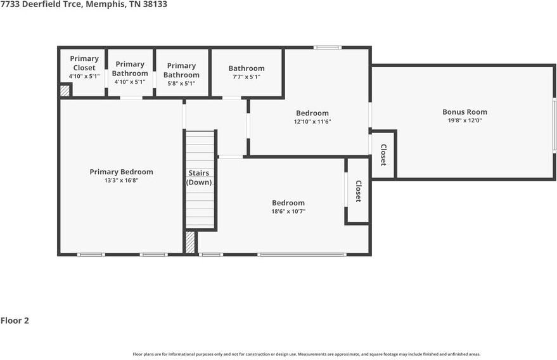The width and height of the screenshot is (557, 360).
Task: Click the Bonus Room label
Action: [464, 112]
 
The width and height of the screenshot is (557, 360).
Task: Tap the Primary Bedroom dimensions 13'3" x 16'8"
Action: [122, 181]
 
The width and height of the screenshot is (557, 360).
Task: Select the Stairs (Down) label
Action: [199, 177]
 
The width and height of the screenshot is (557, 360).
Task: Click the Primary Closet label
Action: [84, 63]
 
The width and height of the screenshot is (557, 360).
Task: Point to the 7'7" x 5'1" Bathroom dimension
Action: [246, 77]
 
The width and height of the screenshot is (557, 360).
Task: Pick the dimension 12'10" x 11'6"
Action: [312, 122]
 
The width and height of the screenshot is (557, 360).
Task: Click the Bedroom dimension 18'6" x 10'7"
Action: [288, 212]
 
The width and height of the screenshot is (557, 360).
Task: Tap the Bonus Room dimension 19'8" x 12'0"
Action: [464, 120]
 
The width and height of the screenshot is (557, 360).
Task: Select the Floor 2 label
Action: [15, 321]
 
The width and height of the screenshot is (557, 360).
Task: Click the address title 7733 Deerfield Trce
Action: [42, 4]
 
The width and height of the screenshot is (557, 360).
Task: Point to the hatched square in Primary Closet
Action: [65, 90]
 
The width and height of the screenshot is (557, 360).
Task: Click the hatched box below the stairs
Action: [190, 242]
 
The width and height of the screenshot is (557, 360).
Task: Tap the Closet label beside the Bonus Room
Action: [383, 155]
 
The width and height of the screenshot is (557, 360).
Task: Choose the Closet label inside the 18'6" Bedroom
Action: [359, 191]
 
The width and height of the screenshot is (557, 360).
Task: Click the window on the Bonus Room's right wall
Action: [554, 125]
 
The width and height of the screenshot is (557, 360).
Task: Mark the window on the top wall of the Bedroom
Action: [327, 48]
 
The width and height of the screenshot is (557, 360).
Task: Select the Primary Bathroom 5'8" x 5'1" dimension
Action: [181, 84]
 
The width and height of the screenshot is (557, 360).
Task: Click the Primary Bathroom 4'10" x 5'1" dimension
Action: [130, 82]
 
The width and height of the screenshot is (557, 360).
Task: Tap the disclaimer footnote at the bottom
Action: [307, 354]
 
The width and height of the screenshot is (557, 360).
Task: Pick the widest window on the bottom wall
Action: [302, 254]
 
